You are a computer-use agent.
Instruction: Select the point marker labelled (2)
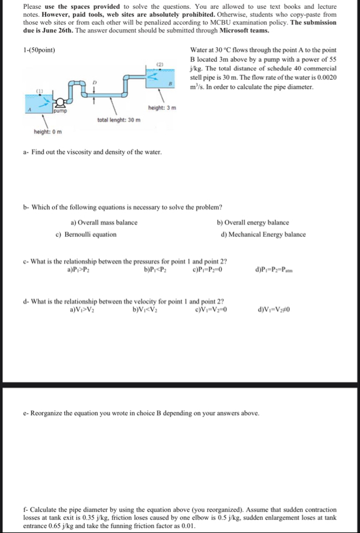[159, 63]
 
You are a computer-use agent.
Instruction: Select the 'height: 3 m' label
[162, 107]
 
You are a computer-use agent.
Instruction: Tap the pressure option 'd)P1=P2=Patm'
[275, 270]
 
